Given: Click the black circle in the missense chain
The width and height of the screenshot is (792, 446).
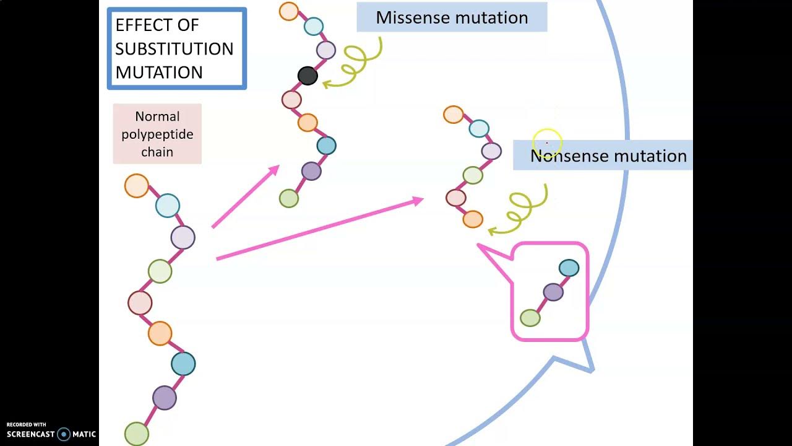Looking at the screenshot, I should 308,76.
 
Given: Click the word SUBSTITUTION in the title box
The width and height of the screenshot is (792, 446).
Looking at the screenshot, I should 174,49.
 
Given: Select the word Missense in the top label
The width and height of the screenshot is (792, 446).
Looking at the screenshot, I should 411,17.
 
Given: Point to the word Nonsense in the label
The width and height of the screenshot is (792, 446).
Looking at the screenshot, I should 569,156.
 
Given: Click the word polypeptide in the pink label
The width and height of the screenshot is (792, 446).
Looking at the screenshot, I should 157,134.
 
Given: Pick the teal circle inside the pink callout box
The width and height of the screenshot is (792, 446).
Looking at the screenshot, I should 569,268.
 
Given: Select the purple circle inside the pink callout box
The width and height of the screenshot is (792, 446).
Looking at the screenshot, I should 553,292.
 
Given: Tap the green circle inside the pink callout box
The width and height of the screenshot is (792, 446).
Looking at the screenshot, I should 530,318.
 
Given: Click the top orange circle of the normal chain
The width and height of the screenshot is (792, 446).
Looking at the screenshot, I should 136,186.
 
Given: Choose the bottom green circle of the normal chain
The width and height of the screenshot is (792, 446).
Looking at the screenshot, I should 137,434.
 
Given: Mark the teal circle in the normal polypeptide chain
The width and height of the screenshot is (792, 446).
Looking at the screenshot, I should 183,364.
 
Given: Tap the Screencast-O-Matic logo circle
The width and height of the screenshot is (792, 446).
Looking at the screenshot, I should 64,434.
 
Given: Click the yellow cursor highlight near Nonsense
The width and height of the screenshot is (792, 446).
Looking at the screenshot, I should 546,143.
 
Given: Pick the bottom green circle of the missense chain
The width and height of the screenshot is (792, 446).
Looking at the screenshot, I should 289,198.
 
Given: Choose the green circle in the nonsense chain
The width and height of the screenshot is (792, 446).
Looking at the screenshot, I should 473,175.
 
